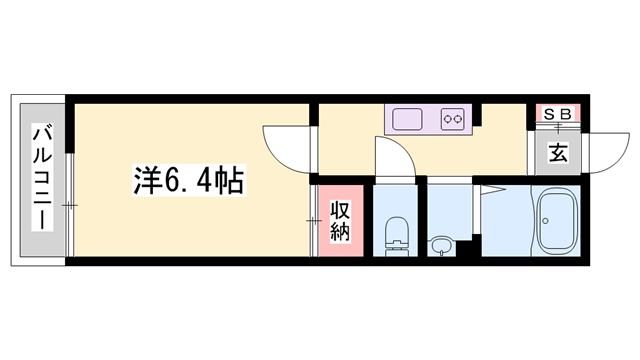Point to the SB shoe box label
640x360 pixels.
[558, 114]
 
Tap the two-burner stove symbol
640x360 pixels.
[453, 120]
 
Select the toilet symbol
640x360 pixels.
[397, 232]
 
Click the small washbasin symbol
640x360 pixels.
[441, 243]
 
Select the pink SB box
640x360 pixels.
[558, 114]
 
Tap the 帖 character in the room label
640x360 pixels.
[229, 180]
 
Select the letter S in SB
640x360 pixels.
[550, 114]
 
